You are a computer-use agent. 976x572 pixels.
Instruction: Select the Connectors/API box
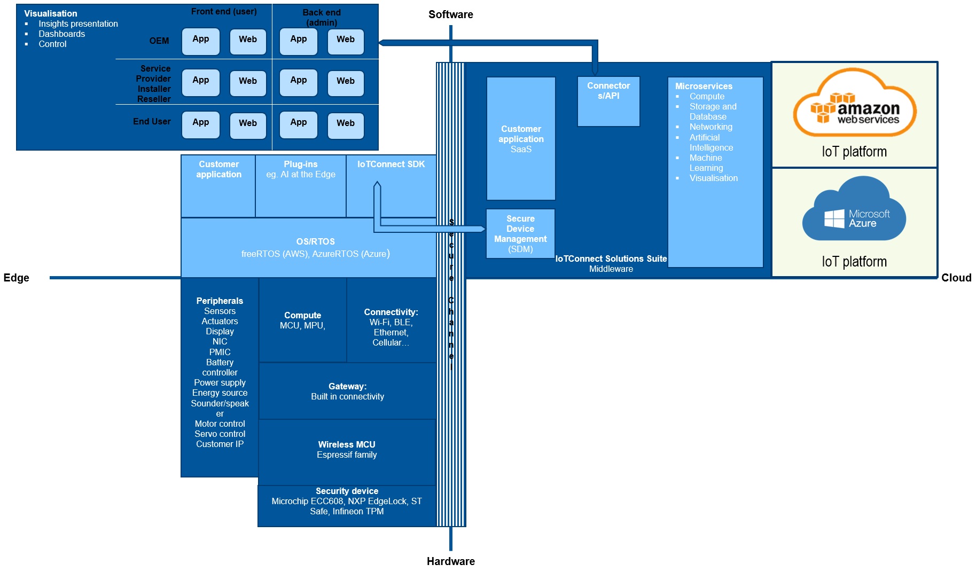tap(608, 101)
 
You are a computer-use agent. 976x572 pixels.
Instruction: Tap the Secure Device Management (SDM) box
tap(520, 234)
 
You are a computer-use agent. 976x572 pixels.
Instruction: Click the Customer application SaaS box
tap(521, 139)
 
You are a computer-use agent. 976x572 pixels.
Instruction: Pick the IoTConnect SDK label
tap(391, 164)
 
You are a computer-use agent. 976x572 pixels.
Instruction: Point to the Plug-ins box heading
tap(300, 164)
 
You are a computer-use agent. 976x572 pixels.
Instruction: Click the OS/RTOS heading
tap(315, 241)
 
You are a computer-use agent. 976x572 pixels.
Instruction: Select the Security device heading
tap(347, 491)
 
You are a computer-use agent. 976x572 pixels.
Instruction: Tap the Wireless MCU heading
tap(347, 444)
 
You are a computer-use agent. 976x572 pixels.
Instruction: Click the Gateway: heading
tap(347, 386)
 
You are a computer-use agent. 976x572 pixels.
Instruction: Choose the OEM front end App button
tap(201, 41)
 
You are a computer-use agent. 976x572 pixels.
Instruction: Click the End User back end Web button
tap(346, 125)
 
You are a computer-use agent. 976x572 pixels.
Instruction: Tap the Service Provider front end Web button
tap(248, 83)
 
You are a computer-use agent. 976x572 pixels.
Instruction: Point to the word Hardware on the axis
tap(450, 561)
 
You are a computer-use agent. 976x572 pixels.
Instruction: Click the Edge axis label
tap(17, 278)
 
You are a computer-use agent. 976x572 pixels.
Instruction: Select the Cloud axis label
tap(956, 278)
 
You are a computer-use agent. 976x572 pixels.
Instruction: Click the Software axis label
tap(450, 14)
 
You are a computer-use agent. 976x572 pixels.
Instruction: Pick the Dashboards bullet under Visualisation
tap(61, 34)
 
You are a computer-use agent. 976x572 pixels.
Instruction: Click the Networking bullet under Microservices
tap(710, 127)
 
